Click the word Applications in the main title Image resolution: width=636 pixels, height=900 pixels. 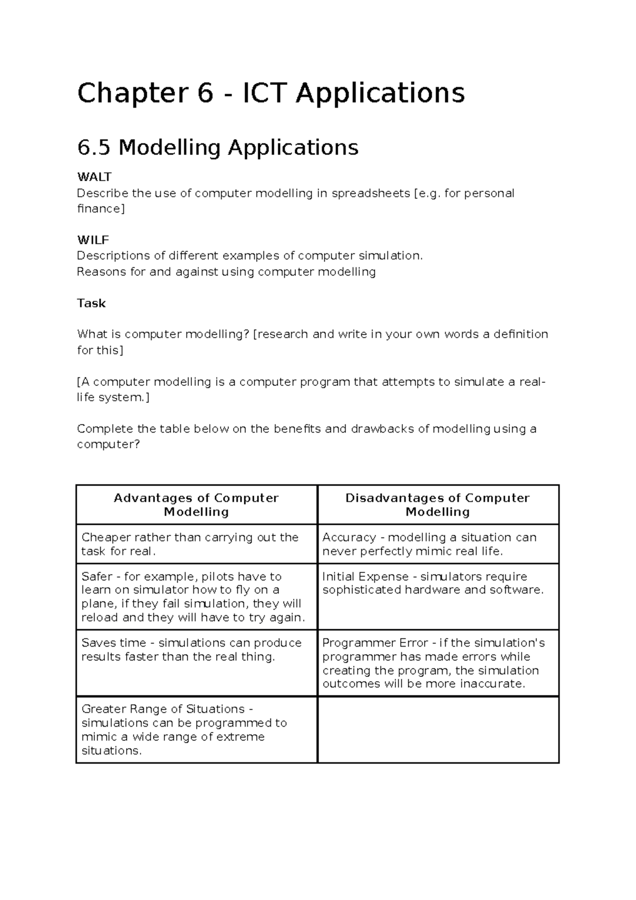pyautogui.click(x=380, y=93)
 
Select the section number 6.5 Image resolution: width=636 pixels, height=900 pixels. pyautogui.click(x=94, y=147)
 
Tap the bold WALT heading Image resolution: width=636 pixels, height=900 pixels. pyautogui.click(x=94, y=177)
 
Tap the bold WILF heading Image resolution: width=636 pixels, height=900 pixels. pyautogui.click(x=93, y=240)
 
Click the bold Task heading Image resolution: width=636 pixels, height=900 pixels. pyautogui.click(x=91, y=303)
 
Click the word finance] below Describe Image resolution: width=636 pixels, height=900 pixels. pyautogui.click(x=101, y=209)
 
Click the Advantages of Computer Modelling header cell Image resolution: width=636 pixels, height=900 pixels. pyautogui.click(x=196, y=505)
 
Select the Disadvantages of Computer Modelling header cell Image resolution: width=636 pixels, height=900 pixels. pyautogui.click(x=438, y=505)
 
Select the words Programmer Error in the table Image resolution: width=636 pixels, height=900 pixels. pyautogui.click(x=375, y=643)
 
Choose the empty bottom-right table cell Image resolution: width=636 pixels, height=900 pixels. pyautogui.click(x=438, y=730)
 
